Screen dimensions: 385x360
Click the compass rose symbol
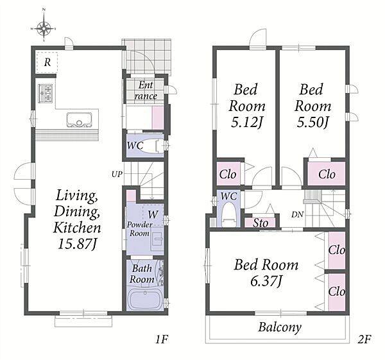pos(44,28)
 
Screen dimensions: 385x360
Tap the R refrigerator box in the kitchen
pos(47,62)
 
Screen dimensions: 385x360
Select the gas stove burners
pos(46,93)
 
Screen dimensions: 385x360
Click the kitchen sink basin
pos(79,120)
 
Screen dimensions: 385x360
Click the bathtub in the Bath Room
pos(146,299)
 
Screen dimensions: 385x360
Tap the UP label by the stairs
pos(117,175)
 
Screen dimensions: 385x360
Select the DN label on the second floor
pos(298,214)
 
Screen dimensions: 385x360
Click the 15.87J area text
pos(77,244)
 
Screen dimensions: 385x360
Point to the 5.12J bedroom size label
pos(247,122)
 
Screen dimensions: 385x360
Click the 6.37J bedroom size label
pos(266,280)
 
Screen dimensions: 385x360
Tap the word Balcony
pos(280,327)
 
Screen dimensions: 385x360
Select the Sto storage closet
pos(261,223)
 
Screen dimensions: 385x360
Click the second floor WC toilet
pos(228,214)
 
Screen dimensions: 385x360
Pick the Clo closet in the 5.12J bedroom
pos(228,174)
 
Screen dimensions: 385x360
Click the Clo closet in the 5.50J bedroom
pos(327,174)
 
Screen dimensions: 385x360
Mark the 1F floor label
pos(162,339)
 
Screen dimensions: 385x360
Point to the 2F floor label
pos(364,339)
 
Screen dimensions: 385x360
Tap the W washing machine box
pos(153,214)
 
